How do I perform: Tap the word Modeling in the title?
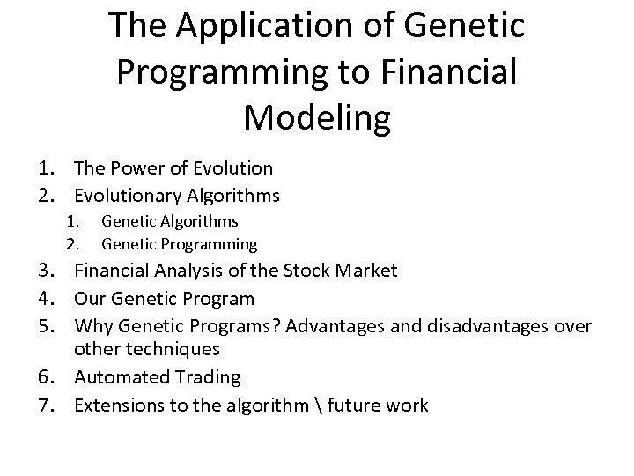317,116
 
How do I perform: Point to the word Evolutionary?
128,195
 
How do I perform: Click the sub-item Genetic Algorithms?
170,222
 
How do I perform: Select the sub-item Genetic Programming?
180,243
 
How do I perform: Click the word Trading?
210,377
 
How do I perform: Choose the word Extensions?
114,405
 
